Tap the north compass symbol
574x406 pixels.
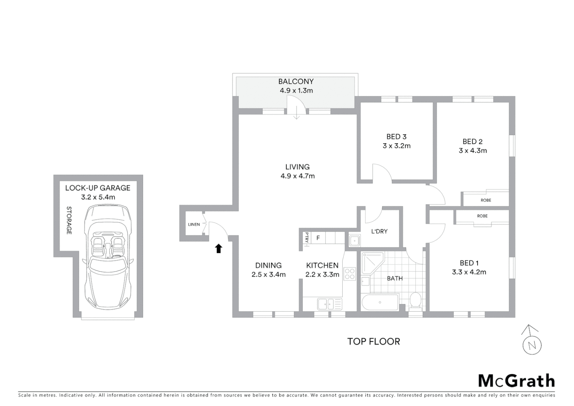tap(532, 340)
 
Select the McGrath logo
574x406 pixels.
tap(516, 381)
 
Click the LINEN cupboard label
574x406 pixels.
tap(194, 224)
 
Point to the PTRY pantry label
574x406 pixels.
tap(307, 238)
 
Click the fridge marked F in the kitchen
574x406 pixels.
tap(318, 238)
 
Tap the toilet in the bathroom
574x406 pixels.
tap(415, 300)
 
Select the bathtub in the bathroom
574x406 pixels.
tap(380, 303)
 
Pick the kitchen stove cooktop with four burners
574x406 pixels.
tap(350, 273)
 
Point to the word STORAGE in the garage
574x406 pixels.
tap(69, 220)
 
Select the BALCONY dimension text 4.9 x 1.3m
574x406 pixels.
tap(296, 91)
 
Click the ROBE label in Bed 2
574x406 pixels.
tap(486, 200)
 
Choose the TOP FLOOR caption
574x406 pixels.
tap(373, 341)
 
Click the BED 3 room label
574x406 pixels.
tap(396, 137)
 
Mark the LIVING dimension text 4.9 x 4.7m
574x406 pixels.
tap(298, 176)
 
